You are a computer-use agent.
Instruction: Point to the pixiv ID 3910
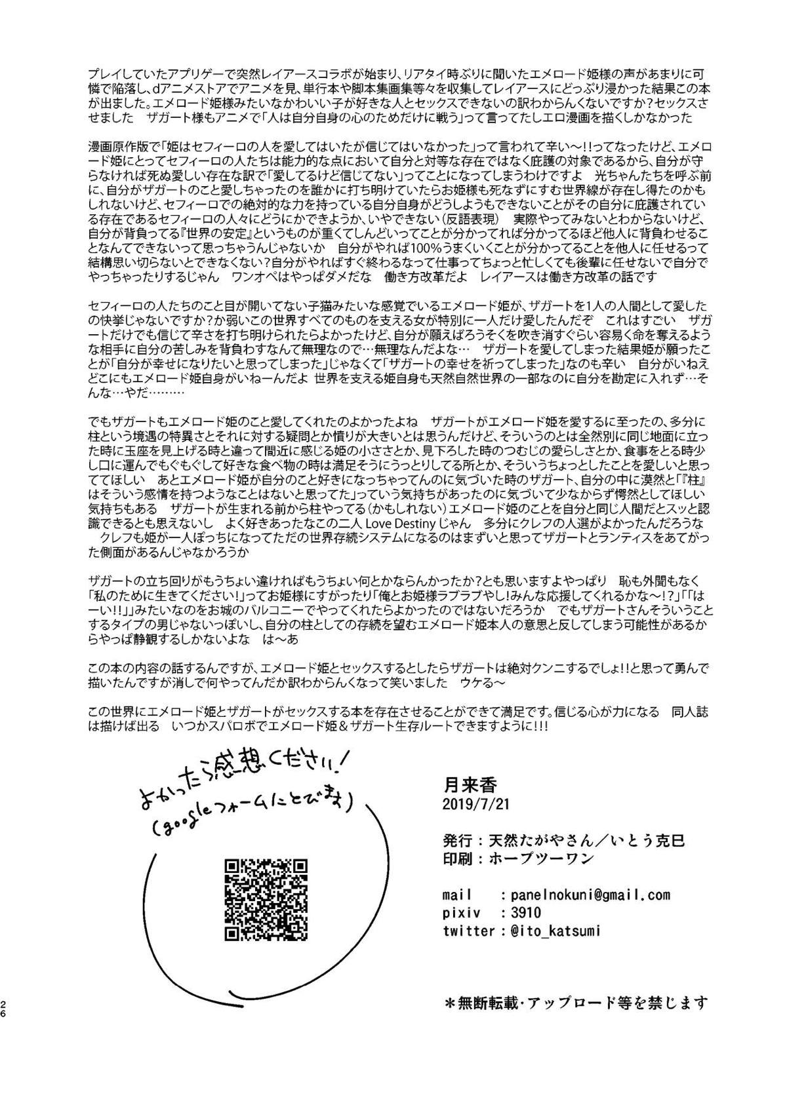click(515, 912)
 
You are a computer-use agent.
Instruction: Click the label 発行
click(458, 839)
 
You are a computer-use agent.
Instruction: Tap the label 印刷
click(458, 857)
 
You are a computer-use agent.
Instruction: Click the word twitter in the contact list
click(468, 930)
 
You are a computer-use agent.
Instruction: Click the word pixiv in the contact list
click(462, 912)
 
